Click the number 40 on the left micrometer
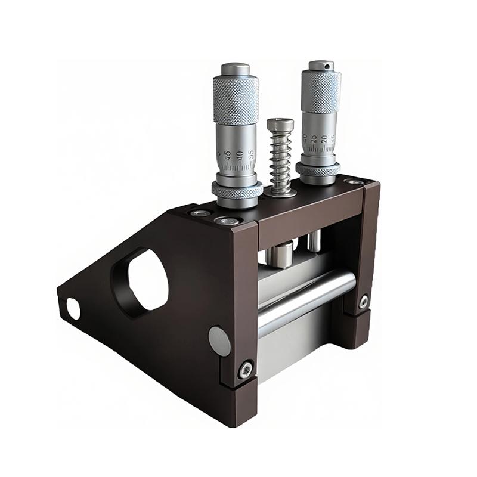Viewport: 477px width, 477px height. tap(240, 154)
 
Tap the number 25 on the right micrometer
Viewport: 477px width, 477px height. tap(314, 140)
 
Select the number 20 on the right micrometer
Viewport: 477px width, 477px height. tap(324, 139)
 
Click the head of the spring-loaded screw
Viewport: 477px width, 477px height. tap(280, 125)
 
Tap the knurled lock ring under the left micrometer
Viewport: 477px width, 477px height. tap(237, 190)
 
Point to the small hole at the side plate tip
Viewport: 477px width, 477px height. tap(73, 308)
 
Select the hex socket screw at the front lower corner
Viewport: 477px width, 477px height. tap(245, 370)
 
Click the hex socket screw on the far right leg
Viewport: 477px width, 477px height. tap(363, 302)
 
